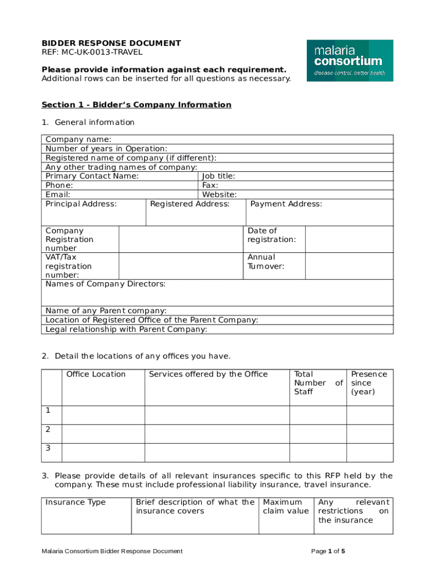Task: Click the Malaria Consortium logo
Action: pyautogui.click(x=350, y=61)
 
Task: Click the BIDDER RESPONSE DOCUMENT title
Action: pyautogui.click(x=111, y=43)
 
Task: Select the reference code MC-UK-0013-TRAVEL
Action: pyautogui.click(x=92, y=52)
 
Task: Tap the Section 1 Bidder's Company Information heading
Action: pyautogui.click(x=136, y=105)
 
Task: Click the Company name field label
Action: pyautogui.click(x=78, y=140)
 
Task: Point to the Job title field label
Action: pyautogui.click(x=219, y=176)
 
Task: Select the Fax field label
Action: pyautogui.click(x=210, y=185)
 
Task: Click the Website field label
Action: pyautogui.click(x=219, y=194)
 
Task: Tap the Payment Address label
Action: pyautogui.click(x=286, y=204)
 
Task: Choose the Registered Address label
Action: pyautogui.click(x=190, y=204)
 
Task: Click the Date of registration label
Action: pyautogui.click(x=271, y=235)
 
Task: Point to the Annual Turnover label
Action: pyautogui.click(x=266, y=262)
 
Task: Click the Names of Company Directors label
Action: pyautogui.click(x=105, y=284)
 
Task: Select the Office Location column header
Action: pyautogui.click(x=96, y=374)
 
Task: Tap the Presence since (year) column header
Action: pyautogui.click(x=369, y=383)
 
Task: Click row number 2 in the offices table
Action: pyautogui.click(x=49, y=429)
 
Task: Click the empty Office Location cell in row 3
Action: pyautogui.click(x=103, y=452)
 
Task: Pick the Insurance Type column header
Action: pyautogui.click(x=75, y=502)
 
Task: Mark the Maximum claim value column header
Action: pyautogui.click(x=286, y=507)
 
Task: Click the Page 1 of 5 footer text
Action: pyautogui.click(x=328, y=551)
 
